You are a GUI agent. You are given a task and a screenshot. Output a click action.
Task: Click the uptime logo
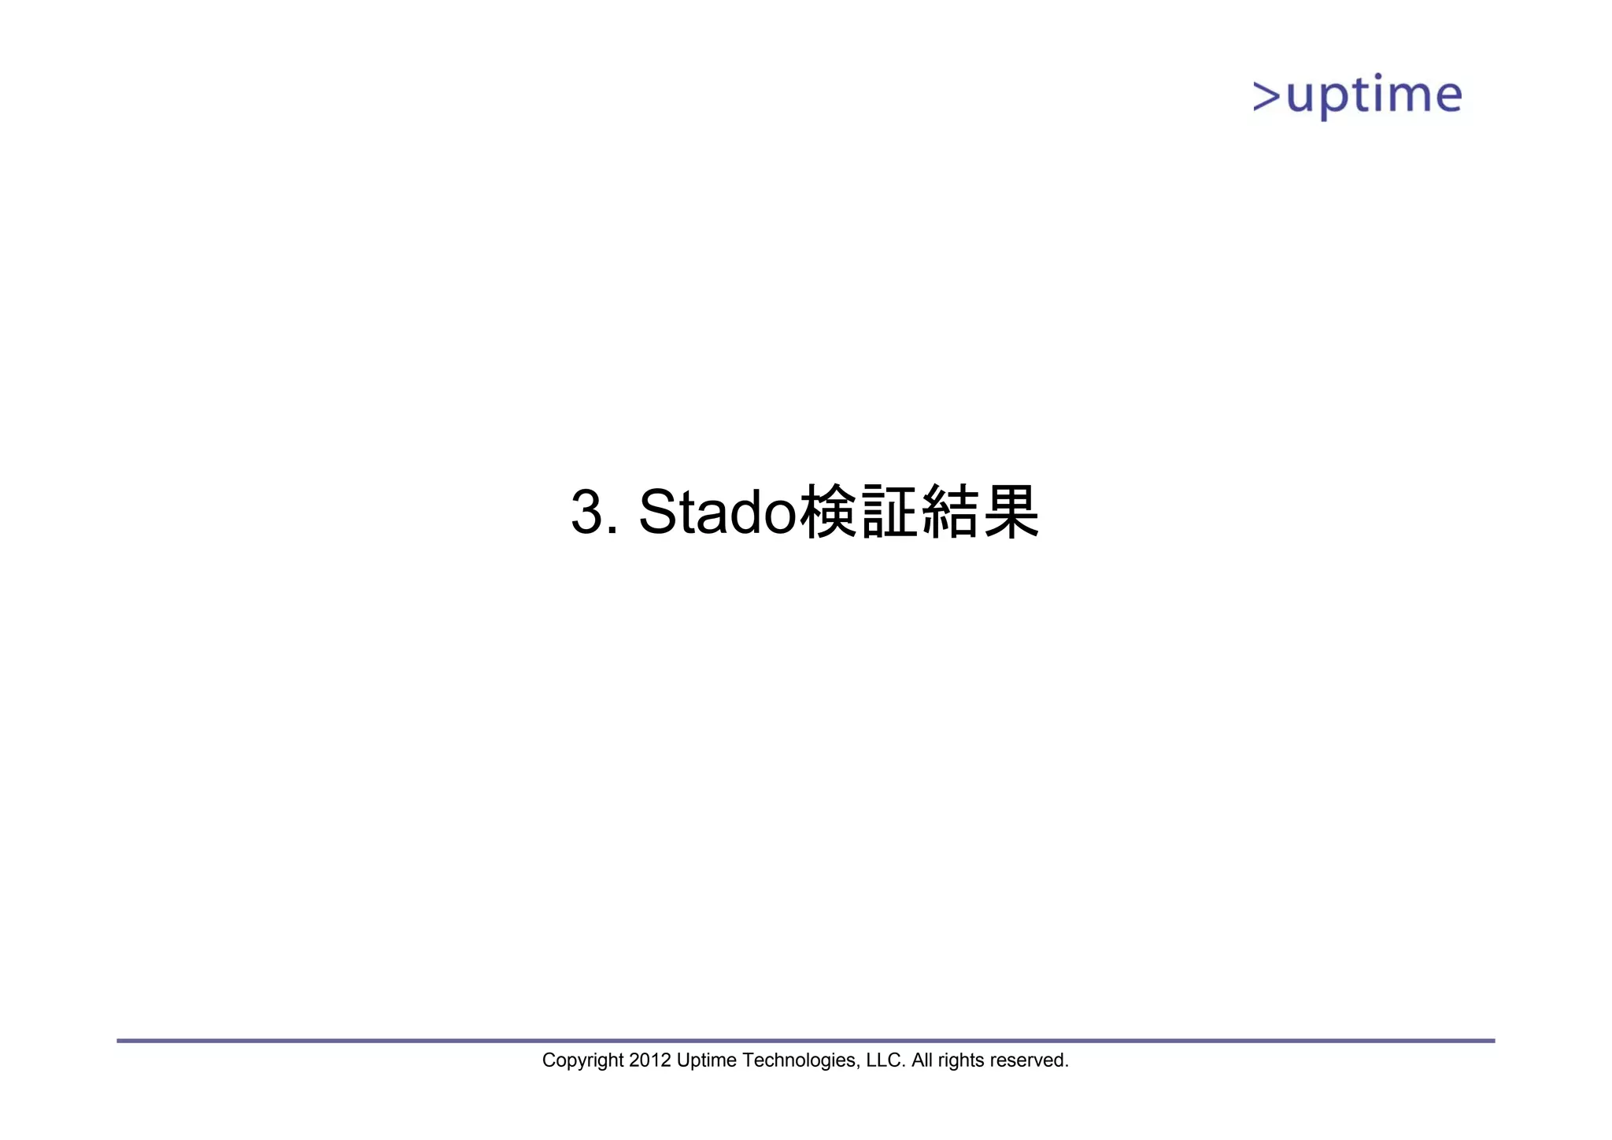click(1357, 96)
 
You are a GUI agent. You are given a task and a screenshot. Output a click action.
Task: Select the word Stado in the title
click(717, 512)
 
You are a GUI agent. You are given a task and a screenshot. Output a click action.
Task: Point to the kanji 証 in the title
click(889, 513)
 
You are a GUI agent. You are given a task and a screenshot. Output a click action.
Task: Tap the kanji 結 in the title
click(950, 513)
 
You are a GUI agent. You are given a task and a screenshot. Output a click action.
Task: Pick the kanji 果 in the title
click(1011, 513)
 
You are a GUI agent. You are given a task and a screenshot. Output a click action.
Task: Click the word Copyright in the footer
click(582, 1060)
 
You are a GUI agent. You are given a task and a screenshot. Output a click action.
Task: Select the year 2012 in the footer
click(649, 1060)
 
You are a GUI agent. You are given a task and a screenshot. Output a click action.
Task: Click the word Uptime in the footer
click(706, 1060)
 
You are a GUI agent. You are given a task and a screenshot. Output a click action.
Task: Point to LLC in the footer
click(885, 1060)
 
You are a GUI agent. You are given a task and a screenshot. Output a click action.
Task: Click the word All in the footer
click(921, 1060)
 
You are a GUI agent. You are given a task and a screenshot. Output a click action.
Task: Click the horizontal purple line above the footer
click(805, 1041)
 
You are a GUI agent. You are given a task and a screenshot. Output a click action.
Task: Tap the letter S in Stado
click(659, 513)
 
